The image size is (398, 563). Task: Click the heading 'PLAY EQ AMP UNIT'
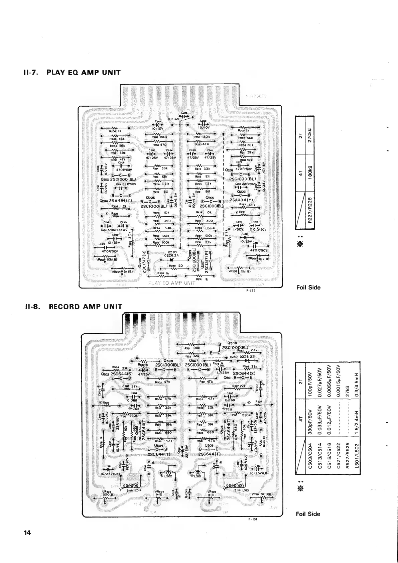pos(83,73)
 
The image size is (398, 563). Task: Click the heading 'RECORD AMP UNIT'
pos(86,307)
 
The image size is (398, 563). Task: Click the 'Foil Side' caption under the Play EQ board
pos(308,287)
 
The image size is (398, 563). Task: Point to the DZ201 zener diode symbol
pos(172,259)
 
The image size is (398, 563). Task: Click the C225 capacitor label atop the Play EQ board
pos(184,113)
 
